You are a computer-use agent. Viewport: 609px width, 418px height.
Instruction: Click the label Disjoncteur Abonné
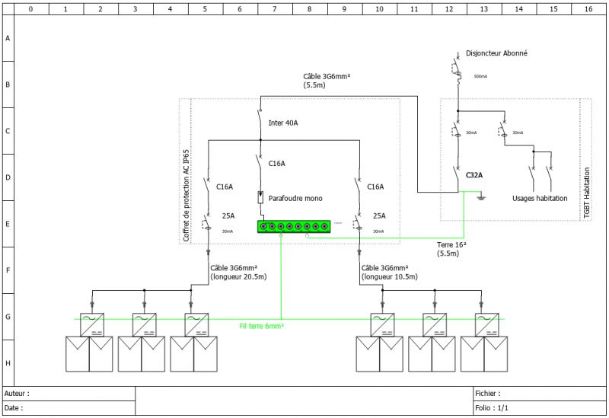[x=496, y=53]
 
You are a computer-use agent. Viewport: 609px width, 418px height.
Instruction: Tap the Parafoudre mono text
[x=295, y=198]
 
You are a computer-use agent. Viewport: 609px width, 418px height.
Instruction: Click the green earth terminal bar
[x=294, y=226]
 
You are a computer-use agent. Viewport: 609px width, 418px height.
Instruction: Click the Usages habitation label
[x=540, y=198]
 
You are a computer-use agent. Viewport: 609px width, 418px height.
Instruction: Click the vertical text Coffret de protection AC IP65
[x=186, y=195]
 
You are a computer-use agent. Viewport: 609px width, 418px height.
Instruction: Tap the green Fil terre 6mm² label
[x=261, y=325]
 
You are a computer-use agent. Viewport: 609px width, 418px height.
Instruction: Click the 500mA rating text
[x=480, y=77]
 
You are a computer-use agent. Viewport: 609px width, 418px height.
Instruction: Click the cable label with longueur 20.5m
[x=238, y=273]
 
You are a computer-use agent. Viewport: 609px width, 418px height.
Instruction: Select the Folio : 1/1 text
[x=494, y=408]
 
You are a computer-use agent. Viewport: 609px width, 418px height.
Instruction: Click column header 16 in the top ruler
[x=588, y=9]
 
